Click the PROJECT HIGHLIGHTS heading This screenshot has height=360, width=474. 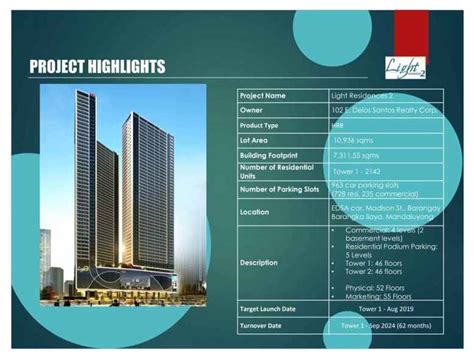97,67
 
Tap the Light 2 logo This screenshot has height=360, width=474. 404,67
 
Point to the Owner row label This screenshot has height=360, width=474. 254,110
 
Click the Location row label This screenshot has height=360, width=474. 257,212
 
